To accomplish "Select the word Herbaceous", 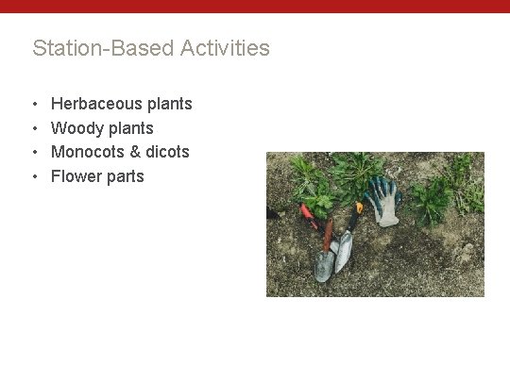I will [96, 104].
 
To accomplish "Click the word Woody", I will [76, 128].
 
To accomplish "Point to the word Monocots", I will [88, 152].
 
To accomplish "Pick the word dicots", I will [167, 152].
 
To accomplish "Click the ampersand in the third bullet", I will [134, 152].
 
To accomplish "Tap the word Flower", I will [76, 176].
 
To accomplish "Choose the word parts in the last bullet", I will [125, 176].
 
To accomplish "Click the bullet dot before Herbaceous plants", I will [34, 104].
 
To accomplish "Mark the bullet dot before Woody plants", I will [34, 128].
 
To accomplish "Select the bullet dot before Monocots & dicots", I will [34, 152].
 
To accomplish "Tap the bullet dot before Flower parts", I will [34, 176].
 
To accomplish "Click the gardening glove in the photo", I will [383, 200].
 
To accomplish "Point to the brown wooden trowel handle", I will [327, 236].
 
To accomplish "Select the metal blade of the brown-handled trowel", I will [324, 265].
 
